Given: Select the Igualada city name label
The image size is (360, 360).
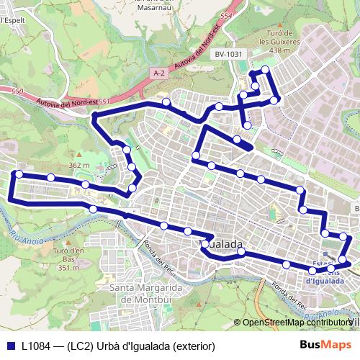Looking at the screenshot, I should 219,244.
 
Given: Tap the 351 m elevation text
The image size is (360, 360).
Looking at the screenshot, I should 68,268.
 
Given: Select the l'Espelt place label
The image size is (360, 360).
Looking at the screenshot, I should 12,21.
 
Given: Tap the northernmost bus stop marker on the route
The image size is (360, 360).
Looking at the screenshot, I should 266,69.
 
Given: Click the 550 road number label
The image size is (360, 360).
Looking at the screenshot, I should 17,91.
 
